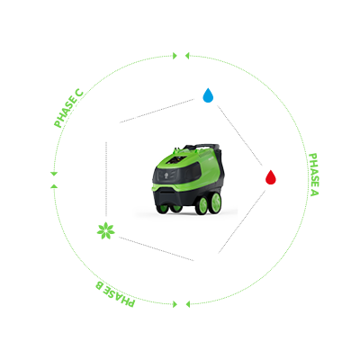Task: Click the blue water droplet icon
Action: [208, 95]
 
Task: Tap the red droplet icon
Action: [271, 177]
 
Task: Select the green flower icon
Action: [106, 231]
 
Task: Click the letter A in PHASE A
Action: [314, 192]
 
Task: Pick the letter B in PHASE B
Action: [100, 284]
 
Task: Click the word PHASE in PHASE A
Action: [313, 169]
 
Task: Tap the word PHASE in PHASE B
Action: [120, 296]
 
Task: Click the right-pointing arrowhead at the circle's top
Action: [175, 56]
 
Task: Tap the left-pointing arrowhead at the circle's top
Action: [187, 56]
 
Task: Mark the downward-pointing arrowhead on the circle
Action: [54, 174]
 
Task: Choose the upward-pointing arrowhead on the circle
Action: [54, 186]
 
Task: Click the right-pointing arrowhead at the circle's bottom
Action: [175, 304]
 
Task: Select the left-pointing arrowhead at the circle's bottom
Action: [188, 304]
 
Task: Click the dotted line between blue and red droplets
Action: [239, 135]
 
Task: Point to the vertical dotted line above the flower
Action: [106, 179]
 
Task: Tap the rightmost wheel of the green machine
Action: [215, 203]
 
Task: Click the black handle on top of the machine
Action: [201, 147]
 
